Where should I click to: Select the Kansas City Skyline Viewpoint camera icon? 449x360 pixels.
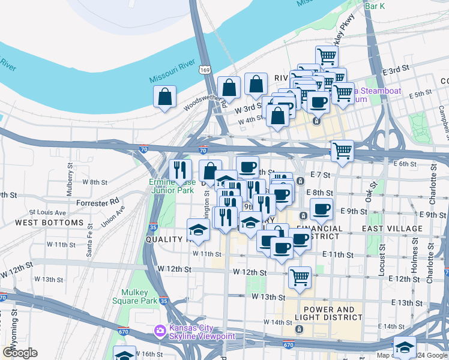(160, 330)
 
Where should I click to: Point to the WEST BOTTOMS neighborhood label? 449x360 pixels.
(49, 223)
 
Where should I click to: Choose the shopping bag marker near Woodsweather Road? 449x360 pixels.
(164, 97)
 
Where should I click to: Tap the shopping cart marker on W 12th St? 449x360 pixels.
(299, 278)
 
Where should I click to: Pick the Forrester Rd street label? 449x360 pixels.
(98, 203)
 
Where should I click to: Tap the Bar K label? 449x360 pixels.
(375, 7)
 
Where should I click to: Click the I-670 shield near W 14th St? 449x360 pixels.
(288, 344)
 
